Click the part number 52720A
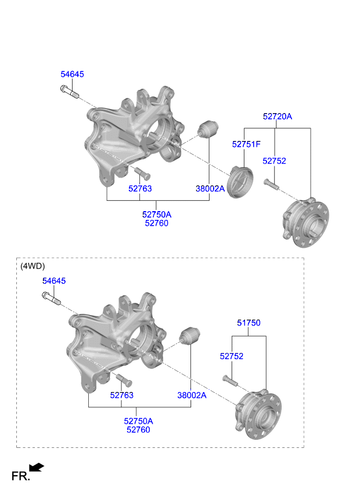pyautogui.click(x=278, y=117)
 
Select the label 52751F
pyautogui.click(x=246, y=144)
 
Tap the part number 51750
pyautogui.click(x=249, y=323)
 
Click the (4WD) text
pyautogui.click(x=33, y=266)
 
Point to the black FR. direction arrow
pyautogui.click(x=37, y=467)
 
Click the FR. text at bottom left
pyautogui.click(x=21, y=476)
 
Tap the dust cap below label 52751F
pyautogui.click(x=240, y=182)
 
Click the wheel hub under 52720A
pyautogui.click(x=305, y=222)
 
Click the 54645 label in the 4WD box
pyautogui.click(x=54, y=281)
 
